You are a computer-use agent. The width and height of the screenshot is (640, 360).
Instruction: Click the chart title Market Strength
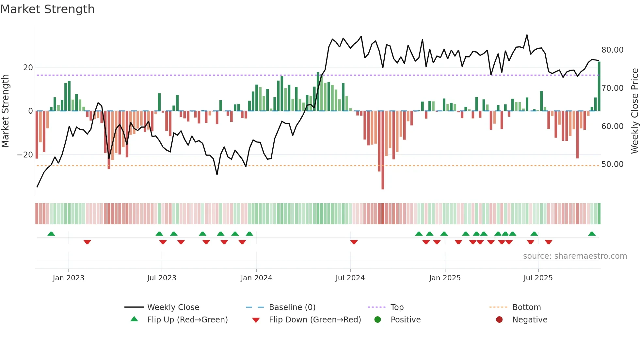click(x=47, y=9)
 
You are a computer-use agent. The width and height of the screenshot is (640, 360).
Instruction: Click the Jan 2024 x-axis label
click(x=256, y=278)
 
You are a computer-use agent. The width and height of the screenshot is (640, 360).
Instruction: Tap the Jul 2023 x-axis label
click(x=162, y=278)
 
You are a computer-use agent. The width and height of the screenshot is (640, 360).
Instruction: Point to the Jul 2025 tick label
click(x=538, y=278)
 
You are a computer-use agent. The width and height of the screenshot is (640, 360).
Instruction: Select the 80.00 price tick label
click(x=612, y=50)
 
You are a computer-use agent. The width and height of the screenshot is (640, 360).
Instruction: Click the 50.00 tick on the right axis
click(x=612, y=164)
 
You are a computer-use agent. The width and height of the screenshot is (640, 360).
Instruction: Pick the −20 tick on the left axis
click(x=25, y=155)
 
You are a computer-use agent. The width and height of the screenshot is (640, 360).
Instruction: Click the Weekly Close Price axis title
click(x=634, y=111)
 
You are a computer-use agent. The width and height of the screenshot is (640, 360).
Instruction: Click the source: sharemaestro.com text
click(x=575, y=256)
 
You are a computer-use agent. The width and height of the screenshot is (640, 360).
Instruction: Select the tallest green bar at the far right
click(x=599, y=87)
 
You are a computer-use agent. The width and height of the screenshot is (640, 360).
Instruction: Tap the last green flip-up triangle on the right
click(x=592, y=234)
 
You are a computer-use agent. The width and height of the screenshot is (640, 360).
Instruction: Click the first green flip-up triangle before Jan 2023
click(x=51, y=234)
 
